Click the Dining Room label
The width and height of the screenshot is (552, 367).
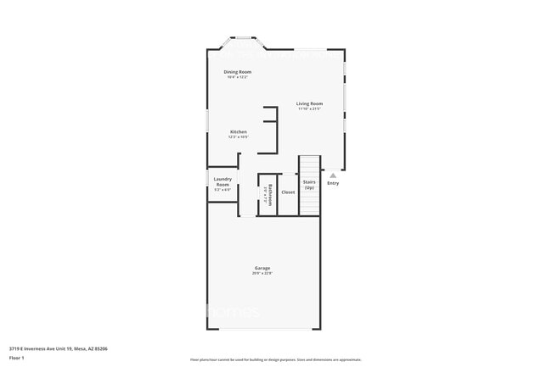tap(237, 72)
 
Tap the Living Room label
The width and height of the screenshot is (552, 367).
tap(309, 103)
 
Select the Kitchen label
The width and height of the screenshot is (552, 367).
tap(238, 132)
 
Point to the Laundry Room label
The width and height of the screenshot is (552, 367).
tap(222, 181)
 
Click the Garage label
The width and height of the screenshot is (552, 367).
tap(262, 268)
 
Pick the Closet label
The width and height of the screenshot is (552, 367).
tap(288, 192)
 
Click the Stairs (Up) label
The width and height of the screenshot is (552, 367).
tap(309, 184)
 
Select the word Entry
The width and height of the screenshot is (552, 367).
tap(333, 183)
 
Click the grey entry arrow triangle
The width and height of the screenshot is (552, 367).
tap(333, 175)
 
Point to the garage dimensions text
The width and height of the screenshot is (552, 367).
tap(262, 274)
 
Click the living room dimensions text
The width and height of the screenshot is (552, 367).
tap(309, 109)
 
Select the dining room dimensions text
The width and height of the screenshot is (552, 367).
tap(237, 77)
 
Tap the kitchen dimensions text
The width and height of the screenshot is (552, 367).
tap(238, 137)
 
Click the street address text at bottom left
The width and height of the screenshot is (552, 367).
tap(58, 348)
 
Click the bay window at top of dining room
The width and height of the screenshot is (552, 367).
tap(245, 38)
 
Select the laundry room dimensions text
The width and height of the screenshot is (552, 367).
tap(222, 190)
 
